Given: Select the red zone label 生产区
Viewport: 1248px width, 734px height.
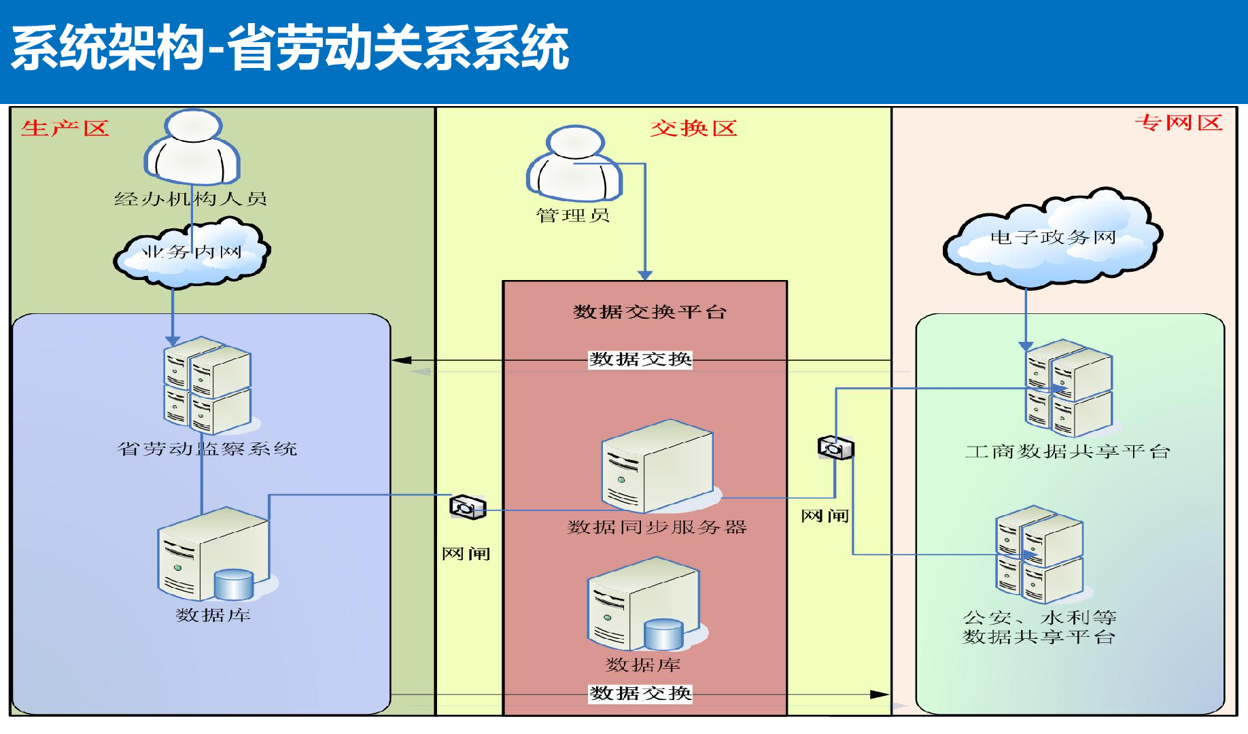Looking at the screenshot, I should [65, 128].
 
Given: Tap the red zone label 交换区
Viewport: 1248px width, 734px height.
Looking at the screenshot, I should [693, 128].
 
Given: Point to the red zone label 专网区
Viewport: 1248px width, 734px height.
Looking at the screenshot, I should [1179, 123].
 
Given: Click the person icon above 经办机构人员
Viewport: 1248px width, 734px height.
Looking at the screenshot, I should [193, 147].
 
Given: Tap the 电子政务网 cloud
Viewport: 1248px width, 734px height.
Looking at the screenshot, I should [1053, 237].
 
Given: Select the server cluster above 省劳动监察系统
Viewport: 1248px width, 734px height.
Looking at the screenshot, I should [207, 385].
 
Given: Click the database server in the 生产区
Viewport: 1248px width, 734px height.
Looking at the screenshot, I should [215, 555].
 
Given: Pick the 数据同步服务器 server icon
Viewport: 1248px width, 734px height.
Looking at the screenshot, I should [658, 467].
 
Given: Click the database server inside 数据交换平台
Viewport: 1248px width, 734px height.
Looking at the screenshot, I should [644, 604].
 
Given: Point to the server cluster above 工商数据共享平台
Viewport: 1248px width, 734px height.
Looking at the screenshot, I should [1069, 388].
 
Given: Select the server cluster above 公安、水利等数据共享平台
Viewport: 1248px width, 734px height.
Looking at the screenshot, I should [1039, 555].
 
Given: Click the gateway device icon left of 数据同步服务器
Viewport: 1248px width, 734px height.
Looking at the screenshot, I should [468, 507].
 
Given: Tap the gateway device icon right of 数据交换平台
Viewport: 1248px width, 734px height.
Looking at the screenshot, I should [835, 448].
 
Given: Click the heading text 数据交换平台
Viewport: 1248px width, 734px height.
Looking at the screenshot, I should [650, 312].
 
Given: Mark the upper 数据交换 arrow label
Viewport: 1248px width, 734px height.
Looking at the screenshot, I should [640, 359].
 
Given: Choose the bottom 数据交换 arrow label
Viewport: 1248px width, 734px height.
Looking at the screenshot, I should [640, 693].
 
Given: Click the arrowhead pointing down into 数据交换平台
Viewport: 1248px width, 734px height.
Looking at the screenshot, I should [645, 275].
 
